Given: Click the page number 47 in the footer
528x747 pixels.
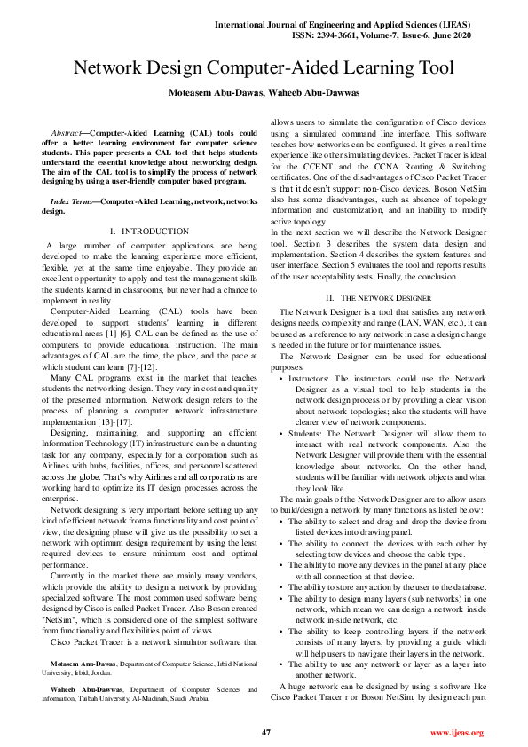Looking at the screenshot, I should click(265, 733).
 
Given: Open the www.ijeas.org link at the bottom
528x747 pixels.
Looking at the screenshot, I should click(456, 733).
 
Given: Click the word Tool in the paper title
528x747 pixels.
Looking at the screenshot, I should click(433, 67).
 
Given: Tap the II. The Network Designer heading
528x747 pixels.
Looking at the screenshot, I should click(378, 297).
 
